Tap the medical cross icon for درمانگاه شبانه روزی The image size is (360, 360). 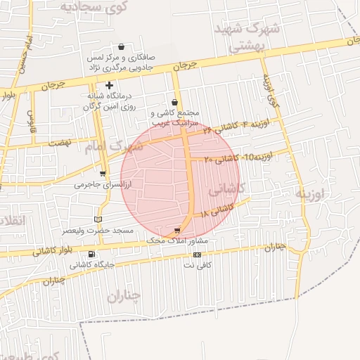(110, 85)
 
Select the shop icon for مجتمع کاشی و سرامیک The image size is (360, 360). (175, 103)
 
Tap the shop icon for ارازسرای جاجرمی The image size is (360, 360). (103, 174)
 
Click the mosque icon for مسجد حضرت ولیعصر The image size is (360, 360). (98, 219)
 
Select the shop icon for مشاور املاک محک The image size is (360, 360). (177, 230)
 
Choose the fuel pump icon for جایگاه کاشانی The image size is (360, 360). (92, 254)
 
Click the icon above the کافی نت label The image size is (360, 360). (197, 255)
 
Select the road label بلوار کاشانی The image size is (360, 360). (51, 250)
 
